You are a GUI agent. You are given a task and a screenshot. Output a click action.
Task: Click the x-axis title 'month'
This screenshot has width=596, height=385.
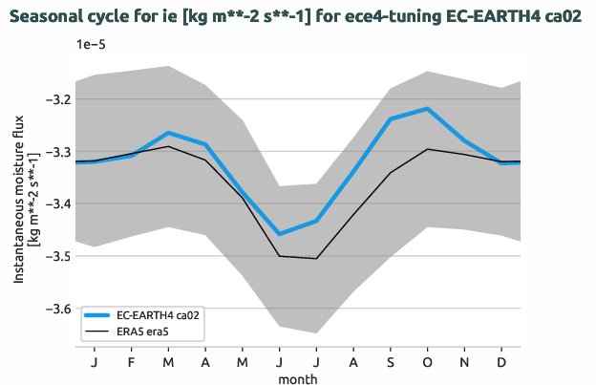[298, 378]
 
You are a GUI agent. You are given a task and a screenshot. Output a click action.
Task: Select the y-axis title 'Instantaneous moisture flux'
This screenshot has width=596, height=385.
[20, 204]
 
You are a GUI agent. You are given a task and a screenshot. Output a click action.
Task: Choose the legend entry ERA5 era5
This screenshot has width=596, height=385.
[148, 331]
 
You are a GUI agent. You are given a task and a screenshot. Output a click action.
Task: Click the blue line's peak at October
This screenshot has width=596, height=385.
[427, 109]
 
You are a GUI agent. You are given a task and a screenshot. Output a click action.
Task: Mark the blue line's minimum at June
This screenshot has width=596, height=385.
[279, 234]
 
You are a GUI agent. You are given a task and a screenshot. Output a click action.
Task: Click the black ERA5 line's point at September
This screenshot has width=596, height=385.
[391, 173]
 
